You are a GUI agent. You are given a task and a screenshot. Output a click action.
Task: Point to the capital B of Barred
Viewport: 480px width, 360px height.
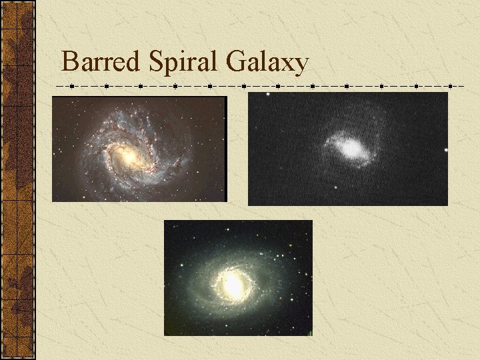[x=69, y=62]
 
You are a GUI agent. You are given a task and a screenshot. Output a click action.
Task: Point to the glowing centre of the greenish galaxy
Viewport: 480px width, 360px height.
[x=233, y=285]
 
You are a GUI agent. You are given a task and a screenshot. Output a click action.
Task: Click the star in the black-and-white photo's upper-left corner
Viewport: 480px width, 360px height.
[x=268, y=95]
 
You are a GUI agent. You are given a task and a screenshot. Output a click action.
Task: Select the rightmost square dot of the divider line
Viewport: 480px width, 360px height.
[x=463, y=86]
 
